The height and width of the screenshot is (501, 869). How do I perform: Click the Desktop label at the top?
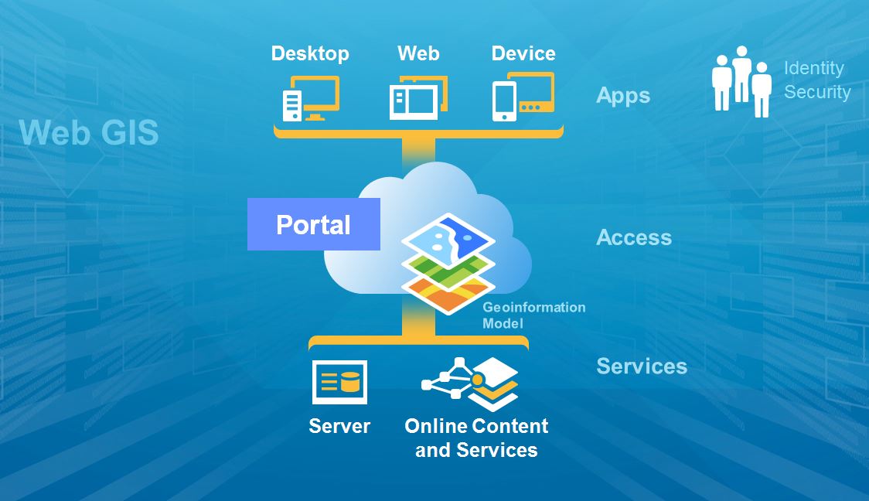pos(310,53)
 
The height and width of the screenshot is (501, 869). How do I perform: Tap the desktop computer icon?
pos(310,99)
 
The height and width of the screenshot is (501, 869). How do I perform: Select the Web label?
pos(418,53)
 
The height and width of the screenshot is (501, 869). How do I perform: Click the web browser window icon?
pos(418,98)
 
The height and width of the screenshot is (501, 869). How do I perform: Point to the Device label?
pos(523,53)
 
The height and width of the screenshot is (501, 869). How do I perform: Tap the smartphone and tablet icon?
pos(523,97)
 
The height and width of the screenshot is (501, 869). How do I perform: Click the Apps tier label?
pos(623,96)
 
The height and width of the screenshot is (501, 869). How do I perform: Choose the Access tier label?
pos(634,237)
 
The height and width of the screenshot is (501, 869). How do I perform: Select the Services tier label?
pos(642,366)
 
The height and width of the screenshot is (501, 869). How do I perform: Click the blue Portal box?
pos(314,224)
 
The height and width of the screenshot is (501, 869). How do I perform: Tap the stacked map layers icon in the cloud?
pos(448,264)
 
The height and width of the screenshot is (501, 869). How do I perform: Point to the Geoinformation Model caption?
pos(533,315)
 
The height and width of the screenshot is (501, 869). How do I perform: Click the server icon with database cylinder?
pos(339,382)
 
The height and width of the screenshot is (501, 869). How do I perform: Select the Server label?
pos(339,426)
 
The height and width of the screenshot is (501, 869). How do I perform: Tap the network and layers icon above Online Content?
pos(471,383)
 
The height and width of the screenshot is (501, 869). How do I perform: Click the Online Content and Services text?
pos(476,438)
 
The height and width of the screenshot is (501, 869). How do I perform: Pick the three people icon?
pos(741,81)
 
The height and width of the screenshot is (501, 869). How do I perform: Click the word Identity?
pos(813,68)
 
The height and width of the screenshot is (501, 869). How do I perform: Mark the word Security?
pos(816,92)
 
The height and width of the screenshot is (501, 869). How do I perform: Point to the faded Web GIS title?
pos(89,133)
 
